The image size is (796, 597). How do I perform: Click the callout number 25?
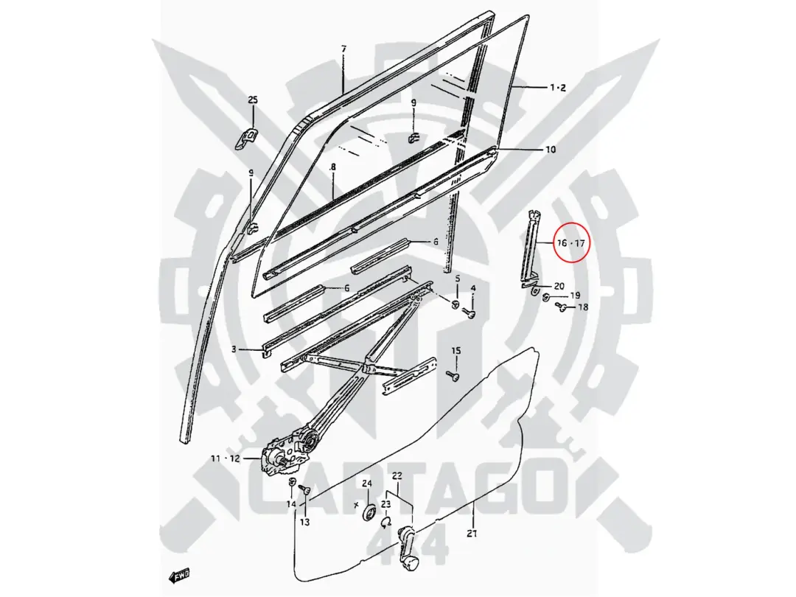[253, 99]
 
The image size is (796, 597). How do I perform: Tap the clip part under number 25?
[247, 138]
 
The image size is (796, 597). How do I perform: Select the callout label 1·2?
[558, 88]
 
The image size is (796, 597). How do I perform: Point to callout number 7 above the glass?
[343, 49]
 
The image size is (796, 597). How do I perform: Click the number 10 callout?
[551, 150]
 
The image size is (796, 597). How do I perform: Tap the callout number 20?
[559, 286]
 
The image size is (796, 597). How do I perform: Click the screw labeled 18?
[562, 307]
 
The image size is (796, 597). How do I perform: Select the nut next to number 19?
[547, 296]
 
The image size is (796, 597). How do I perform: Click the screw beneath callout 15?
[454, 376]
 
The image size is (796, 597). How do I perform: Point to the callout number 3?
[234, 349]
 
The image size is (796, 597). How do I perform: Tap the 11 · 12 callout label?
[225, 458]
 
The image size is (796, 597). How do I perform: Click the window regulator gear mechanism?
[289, 446]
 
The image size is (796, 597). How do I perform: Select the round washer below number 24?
[369, 512]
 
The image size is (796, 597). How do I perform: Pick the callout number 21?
[472, 534]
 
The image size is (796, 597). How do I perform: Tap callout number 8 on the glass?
[333, 167]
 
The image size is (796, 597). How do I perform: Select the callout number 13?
[304, 522]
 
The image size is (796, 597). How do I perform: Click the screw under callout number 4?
[470, 313]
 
